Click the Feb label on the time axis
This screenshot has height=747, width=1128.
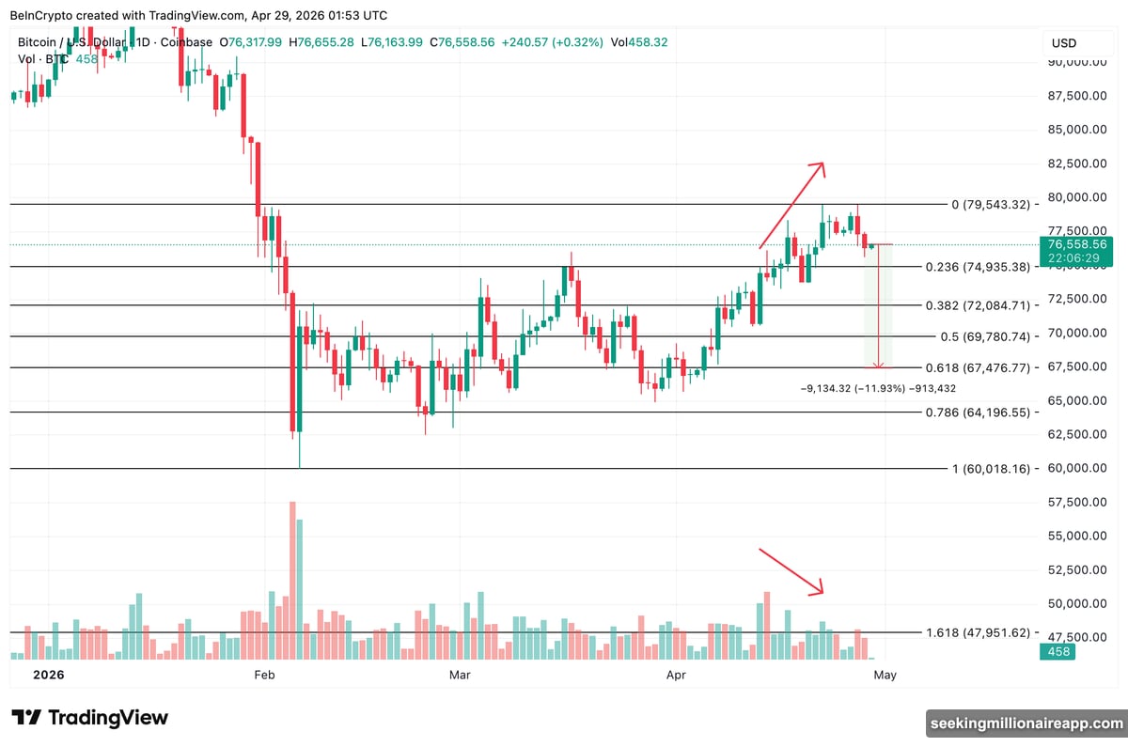(263, 675)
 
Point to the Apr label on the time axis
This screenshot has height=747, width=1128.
(674, 675)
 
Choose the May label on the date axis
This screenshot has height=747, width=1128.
(884, 675)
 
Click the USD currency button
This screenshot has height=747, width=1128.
(1064, 43)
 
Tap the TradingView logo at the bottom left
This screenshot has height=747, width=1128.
(90, 718)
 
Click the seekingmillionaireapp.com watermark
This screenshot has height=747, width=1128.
(1026, 723)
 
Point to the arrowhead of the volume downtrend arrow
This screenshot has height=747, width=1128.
(820, 590)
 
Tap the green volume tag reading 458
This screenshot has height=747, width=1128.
(1057, 651)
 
